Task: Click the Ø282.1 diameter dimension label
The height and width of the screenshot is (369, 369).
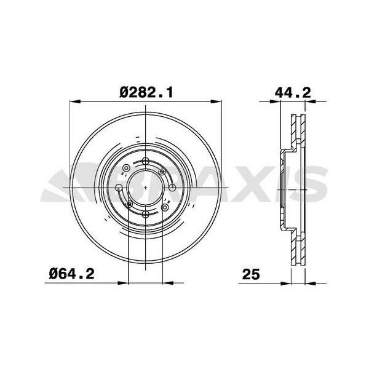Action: (x=146, y=93)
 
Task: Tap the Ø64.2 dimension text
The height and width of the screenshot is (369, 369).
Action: (x=71, y=274)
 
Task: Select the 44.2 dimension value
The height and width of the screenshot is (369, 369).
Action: (x=293, y=93)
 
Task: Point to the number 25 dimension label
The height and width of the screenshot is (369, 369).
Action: (x=251, y=274)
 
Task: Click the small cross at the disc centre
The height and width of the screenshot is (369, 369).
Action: (x=146, y=188)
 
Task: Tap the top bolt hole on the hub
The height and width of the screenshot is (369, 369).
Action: (x=146, y=161)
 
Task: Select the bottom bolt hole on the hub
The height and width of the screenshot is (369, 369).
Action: (x=146, y=214)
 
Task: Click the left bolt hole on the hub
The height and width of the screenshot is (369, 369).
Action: (x=119, y=188)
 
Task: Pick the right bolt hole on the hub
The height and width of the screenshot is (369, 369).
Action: (x=172, y=188)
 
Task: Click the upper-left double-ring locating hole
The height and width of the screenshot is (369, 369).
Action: (x=127, y=169)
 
